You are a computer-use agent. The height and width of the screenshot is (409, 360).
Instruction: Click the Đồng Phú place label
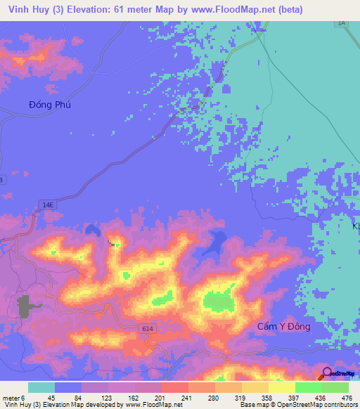pyautogui.click(x=50, y=104)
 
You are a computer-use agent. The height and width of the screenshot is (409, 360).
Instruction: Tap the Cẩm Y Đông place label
pyautogui.click(x=283, y=327)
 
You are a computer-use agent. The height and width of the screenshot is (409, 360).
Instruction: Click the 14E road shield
pyautogui.click(x=47, y=204)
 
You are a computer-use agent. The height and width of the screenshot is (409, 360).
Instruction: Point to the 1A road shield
pyautogui.click(x=342, y=23)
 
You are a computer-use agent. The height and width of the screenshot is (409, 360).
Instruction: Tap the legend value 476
pyautogui.click(x=346, y=397)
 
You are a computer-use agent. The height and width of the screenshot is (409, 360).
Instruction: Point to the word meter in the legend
pyautogui.click(x=11, y=397)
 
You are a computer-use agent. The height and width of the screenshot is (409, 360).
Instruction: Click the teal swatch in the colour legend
pyautogui.click(x=41, y=387)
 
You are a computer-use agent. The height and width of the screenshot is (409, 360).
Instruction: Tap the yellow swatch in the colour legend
pyautogui.click(x=281, y=387)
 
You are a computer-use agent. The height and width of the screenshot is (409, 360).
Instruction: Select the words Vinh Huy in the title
pyautogui.click(x=21, y=8)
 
